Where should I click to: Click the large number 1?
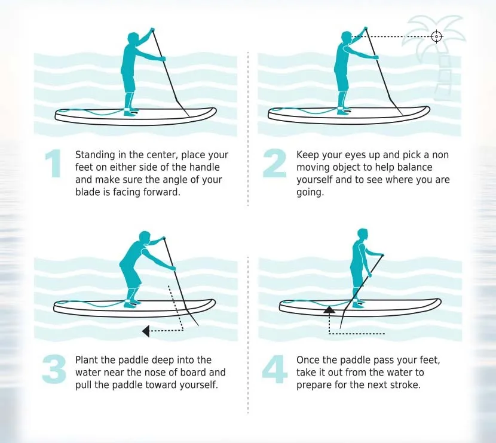[x=55, y=164]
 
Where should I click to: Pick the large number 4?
[x=275, y=369]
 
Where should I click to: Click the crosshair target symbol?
[x=437, y=37]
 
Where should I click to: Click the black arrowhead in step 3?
[x=146, y=329]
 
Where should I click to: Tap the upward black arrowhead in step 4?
[x=328, y=309]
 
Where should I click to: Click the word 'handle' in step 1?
[x=212, y=167]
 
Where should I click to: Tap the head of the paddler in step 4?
[x=363, y=233]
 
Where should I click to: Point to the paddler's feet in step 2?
[x=342, y=112]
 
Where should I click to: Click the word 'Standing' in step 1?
[x=94, y=155]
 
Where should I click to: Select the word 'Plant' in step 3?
[x=86, y=360]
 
